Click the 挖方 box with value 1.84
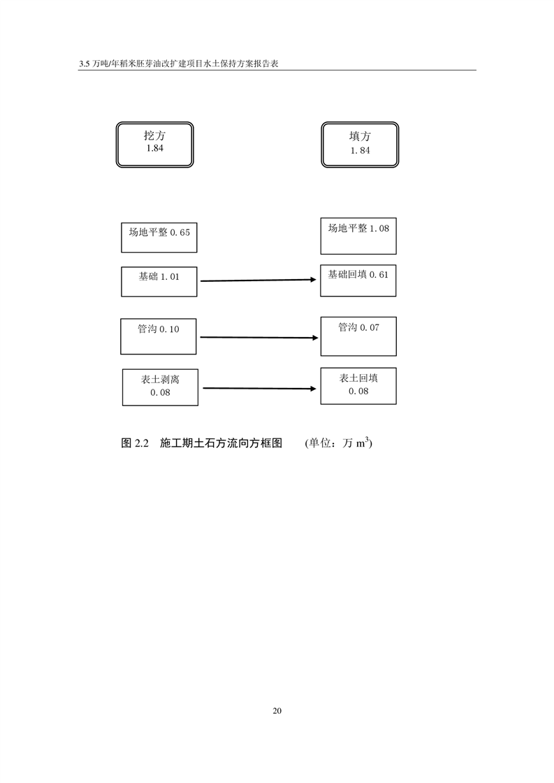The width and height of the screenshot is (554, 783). (x=154, y=144)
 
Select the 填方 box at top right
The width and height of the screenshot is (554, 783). (x=360, y=144)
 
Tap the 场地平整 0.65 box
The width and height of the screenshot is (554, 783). (x=159, y=238)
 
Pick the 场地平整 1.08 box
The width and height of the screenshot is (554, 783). (x=358, y=236)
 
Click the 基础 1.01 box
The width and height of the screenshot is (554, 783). (x=159, y=282)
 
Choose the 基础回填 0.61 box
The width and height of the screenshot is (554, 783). (x=358, y=281)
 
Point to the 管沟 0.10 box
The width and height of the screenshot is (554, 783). (x=159, y=336)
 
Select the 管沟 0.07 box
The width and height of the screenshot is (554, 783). (x=358, y=336)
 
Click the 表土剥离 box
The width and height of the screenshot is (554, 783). (x=160, y=387)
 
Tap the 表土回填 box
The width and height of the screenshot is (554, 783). (x=358, y=386)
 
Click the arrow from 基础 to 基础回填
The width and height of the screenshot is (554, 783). (x=258, y=280)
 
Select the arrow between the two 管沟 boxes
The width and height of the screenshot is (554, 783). (x=259, y=338)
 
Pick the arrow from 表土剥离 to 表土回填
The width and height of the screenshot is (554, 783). (x=259, y=388)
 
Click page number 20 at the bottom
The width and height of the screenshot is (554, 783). (x=277, y=710)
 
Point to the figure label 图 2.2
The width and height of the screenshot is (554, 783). (x=135, y=443)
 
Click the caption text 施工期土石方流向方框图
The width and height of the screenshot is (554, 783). (x=221, y=443)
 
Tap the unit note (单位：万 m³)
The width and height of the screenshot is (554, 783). (x=339, y=442)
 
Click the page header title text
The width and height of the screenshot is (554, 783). (x=179, y=64)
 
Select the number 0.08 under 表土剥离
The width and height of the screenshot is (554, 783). (x=160, y=392)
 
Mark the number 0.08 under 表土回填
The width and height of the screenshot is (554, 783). (x=358, y=391)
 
